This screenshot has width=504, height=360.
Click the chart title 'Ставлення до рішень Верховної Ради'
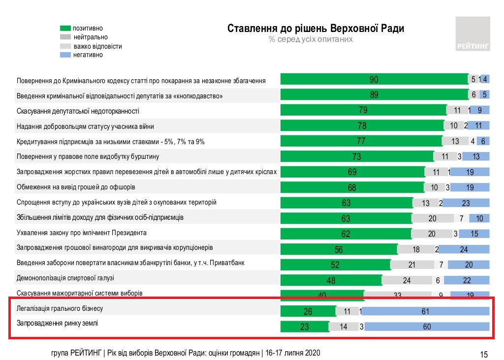click(x=315, y=28)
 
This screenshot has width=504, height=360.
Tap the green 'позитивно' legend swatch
click(x=66, y=29)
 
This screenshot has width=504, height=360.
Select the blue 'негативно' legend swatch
click(x=66, y=55)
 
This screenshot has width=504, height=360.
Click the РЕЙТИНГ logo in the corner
click(x=472, y=34)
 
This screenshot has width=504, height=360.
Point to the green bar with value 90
click(x=374, y=79)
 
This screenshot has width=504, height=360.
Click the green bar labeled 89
click(x=374, y=95)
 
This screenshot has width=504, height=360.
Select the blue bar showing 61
click(x=426, y=311)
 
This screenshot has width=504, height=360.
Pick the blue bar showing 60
click(x=426, y=327)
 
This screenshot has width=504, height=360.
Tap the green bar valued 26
click(x=308, y=311)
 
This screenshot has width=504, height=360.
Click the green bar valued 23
click(x=304, y=327)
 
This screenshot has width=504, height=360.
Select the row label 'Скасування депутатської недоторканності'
click(x=78, y=111)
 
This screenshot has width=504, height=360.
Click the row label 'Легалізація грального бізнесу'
click(x=60, y=309)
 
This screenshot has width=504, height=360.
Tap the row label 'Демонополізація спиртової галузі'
click(x=65, y=278)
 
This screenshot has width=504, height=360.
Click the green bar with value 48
click(x=331, y=280)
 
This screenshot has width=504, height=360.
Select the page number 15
click(x=483, y=354)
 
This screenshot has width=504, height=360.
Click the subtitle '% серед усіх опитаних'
click(x=311, y=39)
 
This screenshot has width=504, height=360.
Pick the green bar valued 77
click(x=361, y=141)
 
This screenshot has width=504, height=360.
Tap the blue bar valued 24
click(x=464, y=249)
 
